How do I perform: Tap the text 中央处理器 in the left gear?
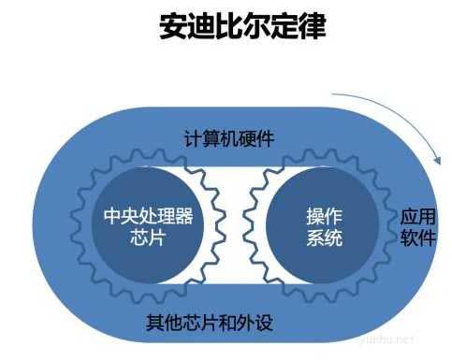click(148, 216)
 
